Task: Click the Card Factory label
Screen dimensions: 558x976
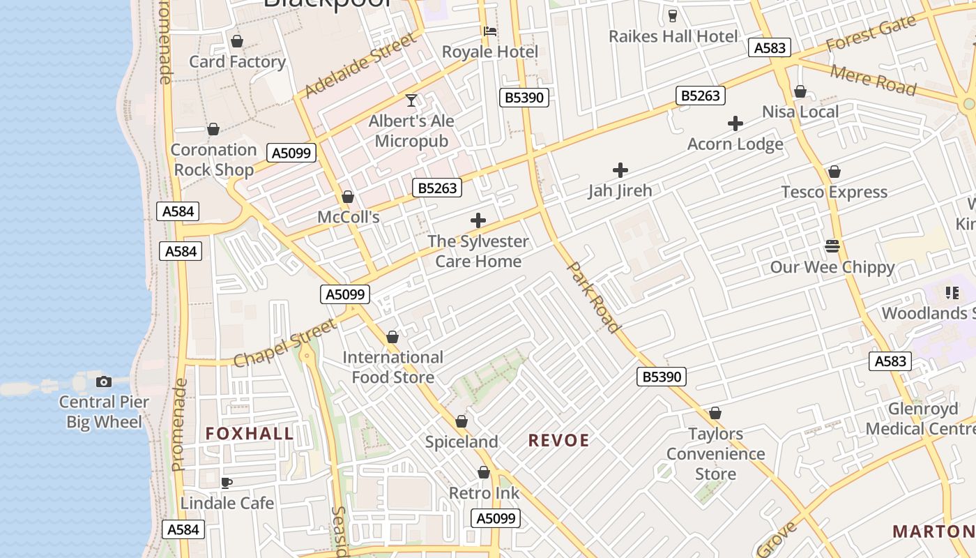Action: [x=237, y=62]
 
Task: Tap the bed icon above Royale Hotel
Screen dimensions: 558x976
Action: [x=490, y=31]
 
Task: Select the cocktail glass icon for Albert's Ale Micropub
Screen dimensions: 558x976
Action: [x=411, y=100]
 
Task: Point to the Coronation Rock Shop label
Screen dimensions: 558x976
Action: [x=213, y=160]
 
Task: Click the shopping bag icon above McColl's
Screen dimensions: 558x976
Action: [x=348, y=197]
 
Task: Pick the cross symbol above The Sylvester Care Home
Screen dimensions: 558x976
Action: [x=478, y=221]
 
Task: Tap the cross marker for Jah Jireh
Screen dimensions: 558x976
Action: [x=620, y=170]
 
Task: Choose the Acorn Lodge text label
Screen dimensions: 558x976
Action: [x=735, y=144]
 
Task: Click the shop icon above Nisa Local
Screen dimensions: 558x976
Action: [x=800, y=91]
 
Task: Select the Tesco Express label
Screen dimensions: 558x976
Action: [x=834, y=192]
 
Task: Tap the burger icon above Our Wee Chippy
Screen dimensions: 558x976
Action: [x=832, y=246]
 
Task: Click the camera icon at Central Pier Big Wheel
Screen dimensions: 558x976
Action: [x=104, y=382]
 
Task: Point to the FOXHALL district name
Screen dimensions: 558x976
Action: [x=249, y=434]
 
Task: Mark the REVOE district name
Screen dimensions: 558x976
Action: [x=558, y=441]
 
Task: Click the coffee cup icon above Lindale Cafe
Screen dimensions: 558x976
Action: [x=227, y=483]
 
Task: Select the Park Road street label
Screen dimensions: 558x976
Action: [x=593, y=297]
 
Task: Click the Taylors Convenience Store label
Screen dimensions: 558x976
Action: [x=715, y=454]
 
